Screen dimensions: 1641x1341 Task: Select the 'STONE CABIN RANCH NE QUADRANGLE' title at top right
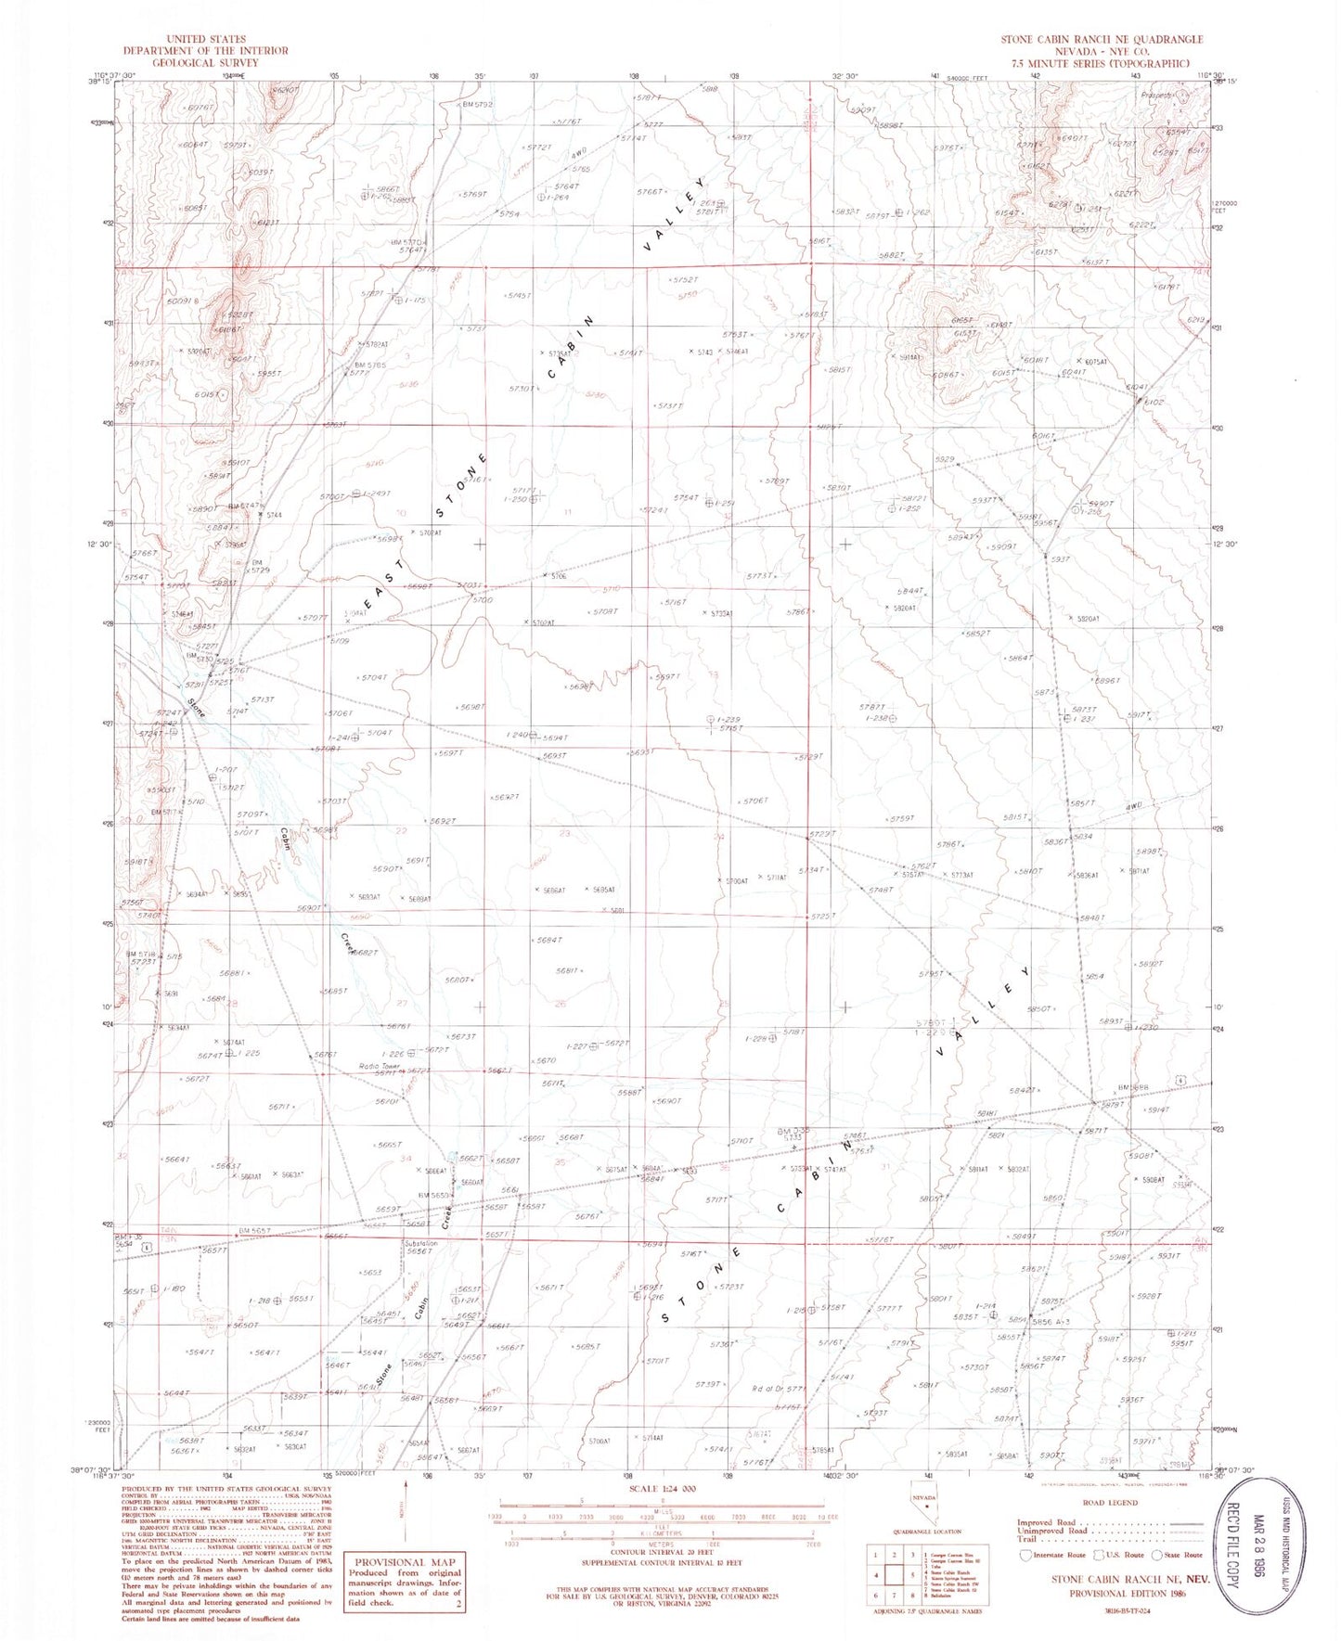(x=1101, y=39)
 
